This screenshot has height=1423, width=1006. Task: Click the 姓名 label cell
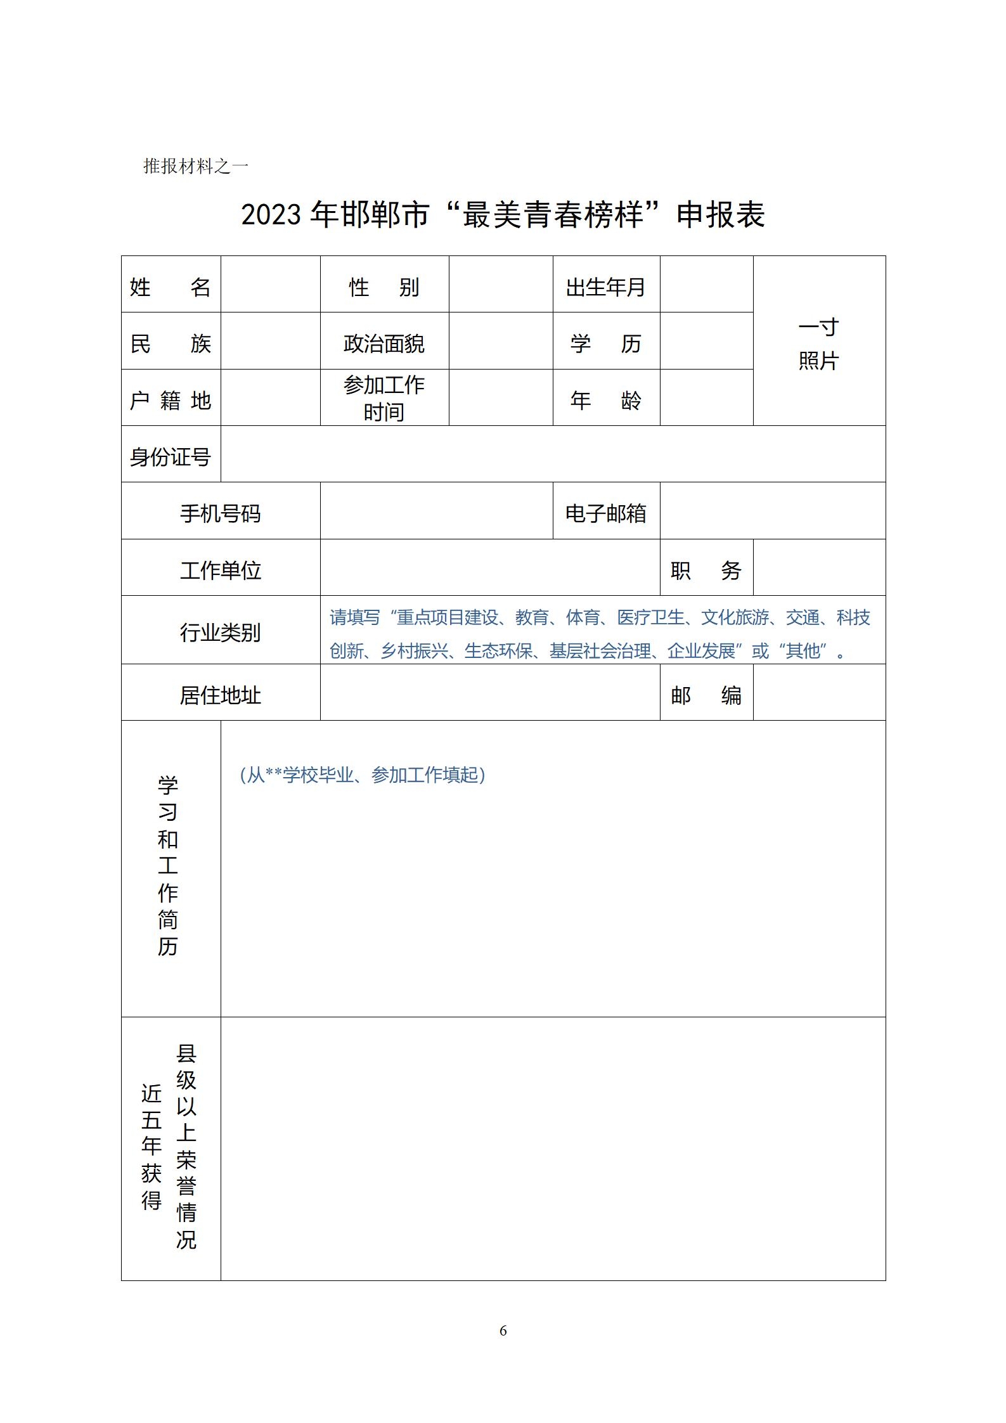[170, 287]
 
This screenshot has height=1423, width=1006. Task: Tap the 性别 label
[384, 287]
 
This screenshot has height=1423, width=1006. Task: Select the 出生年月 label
[605, 287]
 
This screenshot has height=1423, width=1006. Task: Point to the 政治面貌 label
[384, 344]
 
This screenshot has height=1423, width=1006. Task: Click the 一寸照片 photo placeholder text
[818, 344]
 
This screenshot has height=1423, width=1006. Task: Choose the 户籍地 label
[170, 400]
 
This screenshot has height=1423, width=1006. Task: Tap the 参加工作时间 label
[384, 398]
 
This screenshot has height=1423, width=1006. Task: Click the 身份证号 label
[170, 456]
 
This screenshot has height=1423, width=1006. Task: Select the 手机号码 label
[220, 513]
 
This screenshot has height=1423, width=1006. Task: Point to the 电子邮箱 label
[605, 513]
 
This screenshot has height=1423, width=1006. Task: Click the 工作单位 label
[220, 570]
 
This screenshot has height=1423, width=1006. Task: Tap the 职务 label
[706, 570]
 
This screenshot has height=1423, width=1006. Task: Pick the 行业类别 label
[220, 632]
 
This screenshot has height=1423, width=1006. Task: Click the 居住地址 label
[220, 695]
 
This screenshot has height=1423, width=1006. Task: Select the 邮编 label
[706, 695]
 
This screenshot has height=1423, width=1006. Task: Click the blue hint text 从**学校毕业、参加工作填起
[363, 775]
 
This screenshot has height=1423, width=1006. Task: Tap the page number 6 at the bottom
[503, 1330]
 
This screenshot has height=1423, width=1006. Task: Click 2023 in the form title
[271, 214]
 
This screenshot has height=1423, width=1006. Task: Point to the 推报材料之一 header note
[195, 166]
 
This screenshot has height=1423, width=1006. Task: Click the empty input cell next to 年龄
[706, 398]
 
